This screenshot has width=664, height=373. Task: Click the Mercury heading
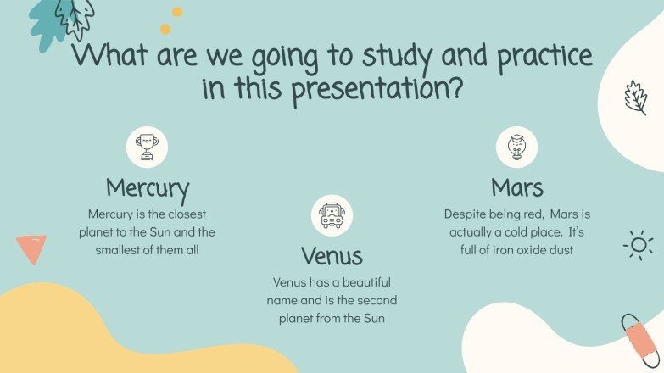(x=148, y=186)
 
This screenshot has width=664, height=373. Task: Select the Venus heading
(x=332, y=255)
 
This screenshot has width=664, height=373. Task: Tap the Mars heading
(x=516, y=186)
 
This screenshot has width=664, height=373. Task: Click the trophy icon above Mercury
(x=148, y=148)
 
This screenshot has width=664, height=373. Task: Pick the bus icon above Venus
(x=332, y=215)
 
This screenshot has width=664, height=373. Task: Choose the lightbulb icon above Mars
(x=516, y=148)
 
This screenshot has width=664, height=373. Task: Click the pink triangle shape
(x=31, y=248)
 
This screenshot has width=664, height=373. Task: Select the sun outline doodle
(x=638, y=245)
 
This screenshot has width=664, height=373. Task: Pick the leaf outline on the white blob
(x=635, y=97)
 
